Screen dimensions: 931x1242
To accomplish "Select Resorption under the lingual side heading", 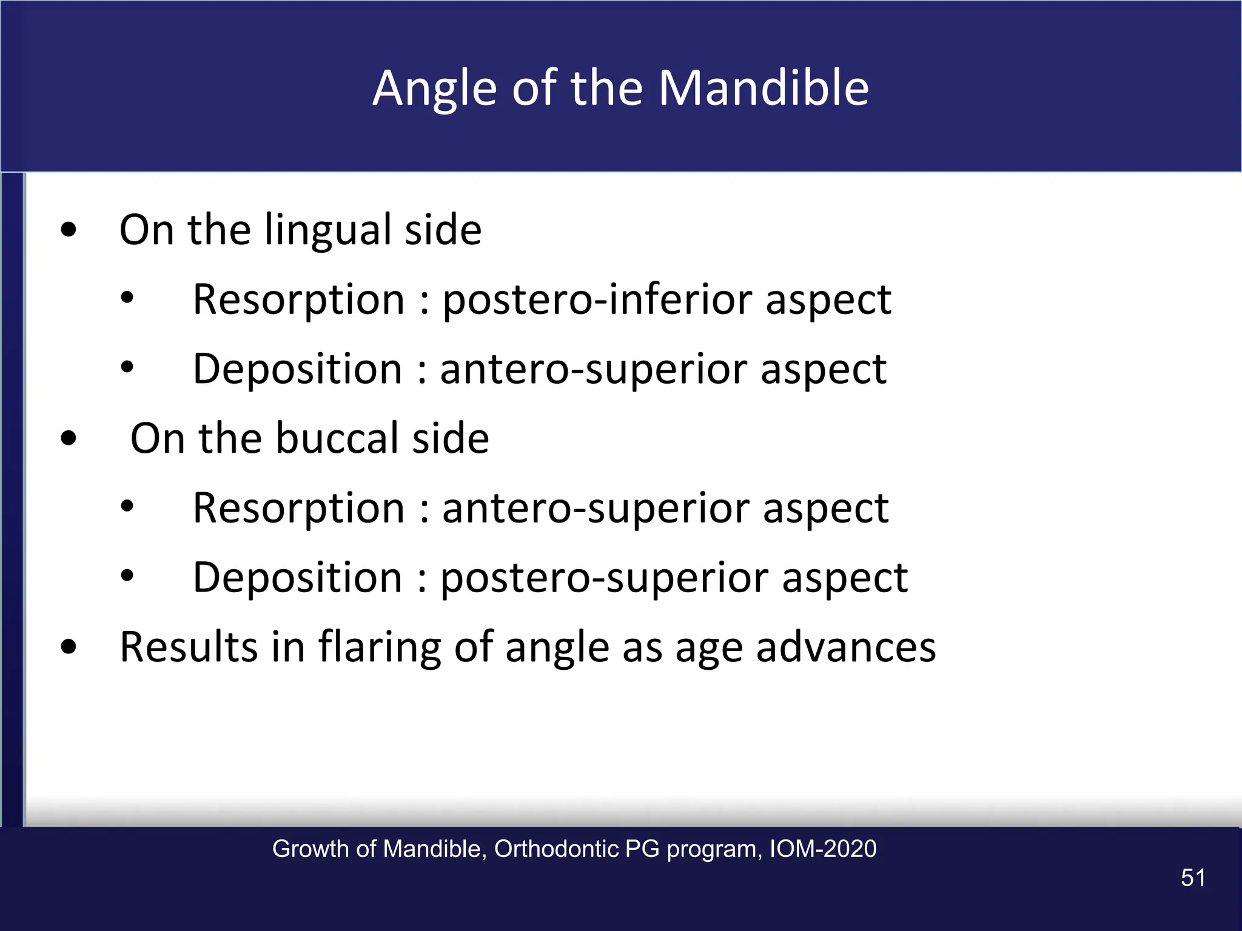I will (x=298, y=300).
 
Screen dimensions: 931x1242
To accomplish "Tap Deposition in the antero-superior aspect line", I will (x=297, y=369).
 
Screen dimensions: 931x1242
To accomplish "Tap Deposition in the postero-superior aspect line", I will (x=297, y=578).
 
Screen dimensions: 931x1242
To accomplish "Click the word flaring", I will (x=380, y=648).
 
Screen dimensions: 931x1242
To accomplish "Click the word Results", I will (x=189, y=647).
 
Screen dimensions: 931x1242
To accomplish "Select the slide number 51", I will (x=1192, y=878).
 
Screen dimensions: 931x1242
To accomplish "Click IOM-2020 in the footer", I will (x=822, y=849).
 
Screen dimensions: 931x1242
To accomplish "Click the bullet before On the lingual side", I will (x=69, y=230).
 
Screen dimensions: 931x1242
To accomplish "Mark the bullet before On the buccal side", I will (x=69, y=438).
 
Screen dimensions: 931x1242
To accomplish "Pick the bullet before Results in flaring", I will (x=69, y=647).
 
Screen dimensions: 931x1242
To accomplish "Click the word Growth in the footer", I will (x=312, y=849).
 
